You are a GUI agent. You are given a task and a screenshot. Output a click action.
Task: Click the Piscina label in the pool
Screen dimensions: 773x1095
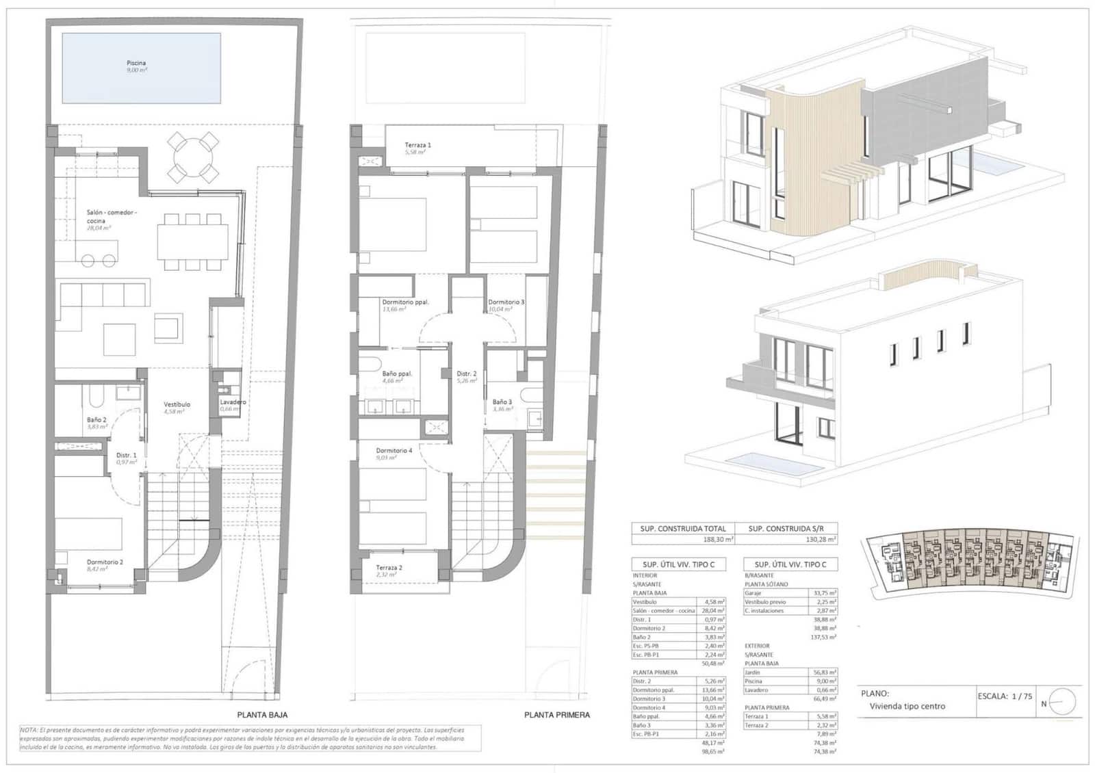[136, 63]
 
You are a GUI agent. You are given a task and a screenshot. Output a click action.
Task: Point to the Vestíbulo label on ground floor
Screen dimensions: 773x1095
[177, 404]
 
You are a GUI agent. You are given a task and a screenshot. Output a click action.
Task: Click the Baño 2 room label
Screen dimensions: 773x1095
[96, 419]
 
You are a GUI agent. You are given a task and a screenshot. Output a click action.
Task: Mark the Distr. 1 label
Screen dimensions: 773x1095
[126, 455]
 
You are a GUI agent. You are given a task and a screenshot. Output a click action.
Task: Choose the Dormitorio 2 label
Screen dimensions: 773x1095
[105, 562]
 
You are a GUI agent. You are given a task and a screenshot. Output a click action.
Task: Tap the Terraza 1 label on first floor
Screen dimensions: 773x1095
[417, 145]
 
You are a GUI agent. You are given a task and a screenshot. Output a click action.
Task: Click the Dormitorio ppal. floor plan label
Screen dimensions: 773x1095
[405, 302]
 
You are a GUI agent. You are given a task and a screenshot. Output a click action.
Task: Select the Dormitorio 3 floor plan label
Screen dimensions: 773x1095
[506, 302]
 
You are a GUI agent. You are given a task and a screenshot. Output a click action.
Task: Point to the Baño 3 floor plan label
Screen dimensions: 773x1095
[502, 402]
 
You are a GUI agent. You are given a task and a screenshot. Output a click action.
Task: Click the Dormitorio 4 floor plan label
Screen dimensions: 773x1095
[394, 451]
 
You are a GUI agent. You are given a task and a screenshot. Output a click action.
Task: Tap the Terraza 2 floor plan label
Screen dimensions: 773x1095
[389, 568]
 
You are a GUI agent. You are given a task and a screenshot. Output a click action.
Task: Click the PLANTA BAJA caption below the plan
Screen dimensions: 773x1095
[262, 715]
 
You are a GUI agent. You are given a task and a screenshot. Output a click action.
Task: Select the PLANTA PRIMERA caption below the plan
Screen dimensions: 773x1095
[556, 715]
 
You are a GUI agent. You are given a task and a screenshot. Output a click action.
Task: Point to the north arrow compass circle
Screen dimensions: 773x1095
[1062, 702]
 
